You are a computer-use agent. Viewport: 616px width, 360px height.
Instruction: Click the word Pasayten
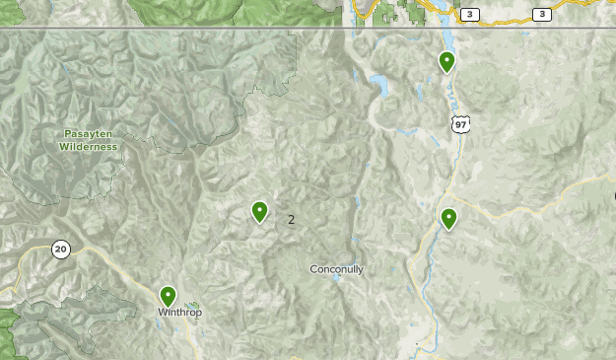pyautogui.click(x=88, y=133)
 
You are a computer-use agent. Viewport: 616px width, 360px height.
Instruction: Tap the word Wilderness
pyautogui.click(x=88, y=146)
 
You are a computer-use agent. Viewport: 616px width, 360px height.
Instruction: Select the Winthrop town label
pyautogui.click(x=179, y=313)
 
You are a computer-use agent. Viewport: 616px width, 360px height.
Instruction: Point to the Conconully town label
pyautogui.click(x=337, y=268)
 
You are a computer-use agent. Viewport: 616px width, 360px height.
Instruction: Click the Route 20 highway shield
pyautogui.click(x=61, y=249)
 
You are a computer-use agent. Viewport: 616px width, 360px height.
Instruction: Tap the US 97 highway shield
pyautogui.click(x=461, y=124)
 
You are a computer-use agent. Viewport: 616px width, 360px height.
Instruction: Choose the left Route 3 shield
pyautogui.click(x=470, y=14)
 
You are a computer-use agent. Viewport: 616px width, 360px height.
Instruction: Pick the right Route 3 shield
pyautogui.click(x=541, y=14)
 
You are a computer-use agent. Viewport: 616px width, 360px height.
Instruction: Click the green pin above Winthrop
pyautogui.click(x=169, y=295)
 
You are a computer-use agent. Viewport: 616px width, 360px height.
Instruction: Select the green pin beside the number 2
pyautogui.click(x=259, y=210)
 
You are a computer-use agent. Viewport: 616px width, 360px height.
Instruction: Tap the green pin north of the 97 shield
pyautogui.click(x=446, y=61)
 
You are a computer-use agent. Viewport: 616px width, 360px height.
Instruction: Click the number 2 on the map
pyautogui.click(x=291, y=219)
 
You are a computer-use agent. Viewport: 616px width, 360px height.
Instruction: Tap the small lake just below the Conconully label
pyautogui.click(x=337, y=278)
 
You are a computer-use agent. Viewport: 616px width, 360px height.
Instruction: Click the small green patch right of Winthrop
pyautogui.click(x=194, y=306)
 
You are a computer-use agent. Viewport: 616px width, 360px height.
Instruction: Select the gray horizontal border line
pyautogui.click(x=197, y=29)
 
